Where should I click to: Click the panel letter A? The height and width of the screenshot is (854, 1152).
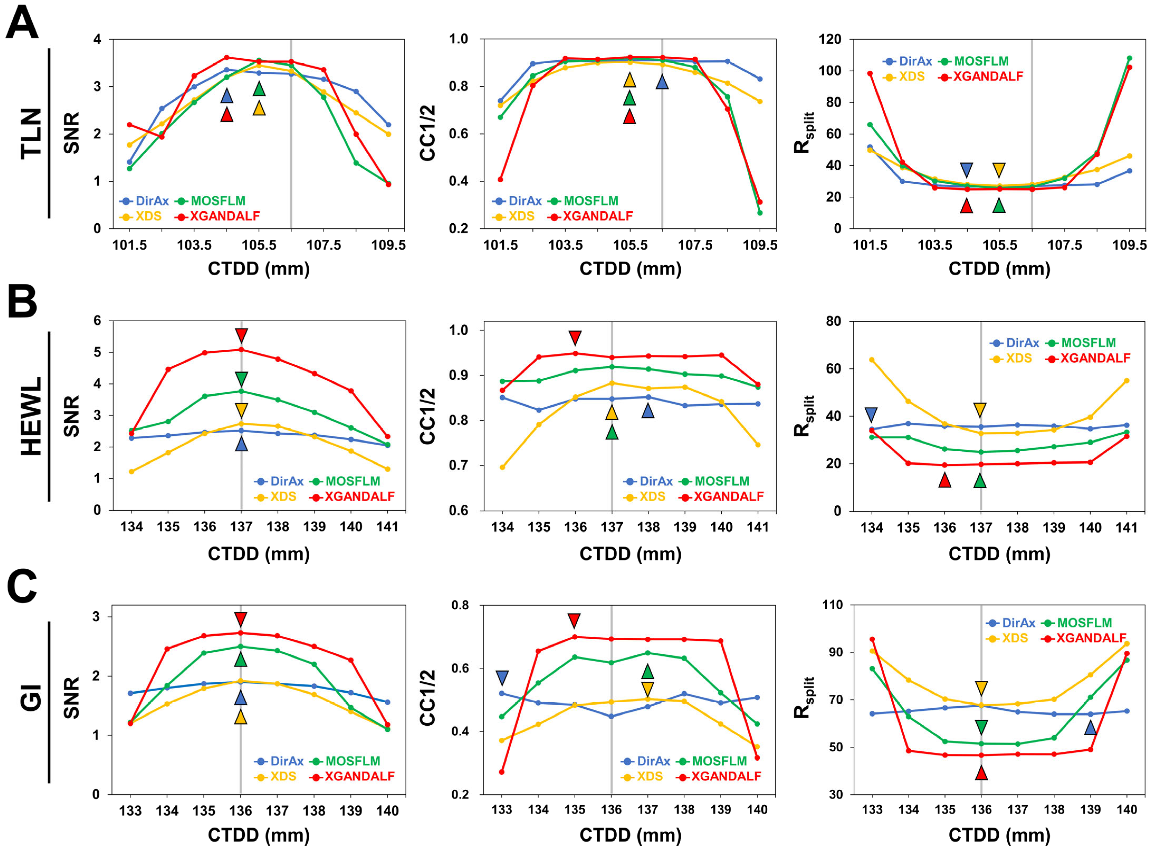click(x=22, y=23)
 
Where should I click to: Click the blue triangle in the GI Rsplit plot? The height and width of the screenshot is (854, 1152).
click(x=1091, y=727)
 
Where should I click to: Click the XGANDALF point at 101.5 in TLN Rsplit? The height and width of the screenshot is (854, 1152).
click(x=870, y=73)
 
